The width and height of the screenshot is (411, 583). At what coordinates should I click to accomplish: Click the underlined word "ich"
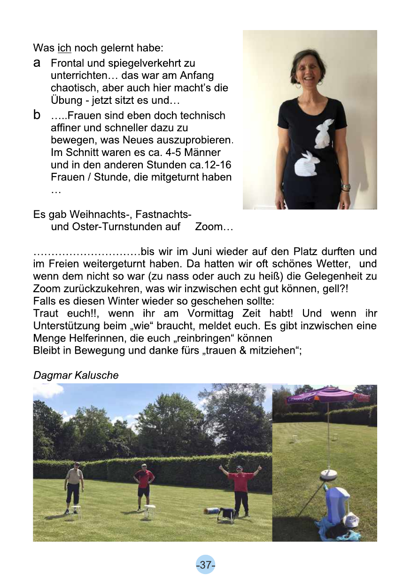(64, 48)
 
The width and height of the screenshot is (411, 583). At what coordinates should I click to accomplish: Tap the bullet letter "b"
(37, 115)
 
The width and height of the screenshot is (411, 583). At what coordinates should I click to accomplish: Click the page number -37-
(205, 565)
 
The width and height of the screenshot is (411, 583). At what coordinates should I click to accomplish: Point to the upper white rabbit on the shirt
(324, 134)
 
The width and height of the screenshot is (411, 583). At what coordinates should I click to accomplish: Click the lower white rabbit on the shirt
(306, 164)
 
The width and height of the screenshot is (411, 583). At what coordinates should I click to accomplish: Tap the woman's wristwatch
(346, 187)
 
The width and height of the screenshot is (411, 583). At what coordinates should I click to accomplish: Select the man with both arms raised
(240, 489)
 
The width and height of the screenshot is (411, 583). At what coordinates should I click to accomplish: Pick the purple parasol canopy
(328, 395)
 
